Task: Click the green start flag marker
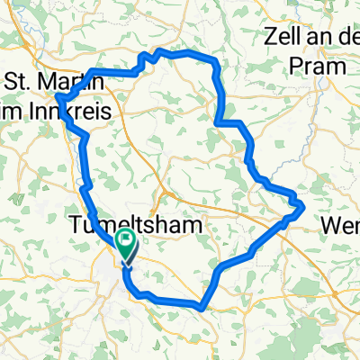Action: (x=124, y=245)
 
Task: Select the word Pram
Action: (x=319, y=66)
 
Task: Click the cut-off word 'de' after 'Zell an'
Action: (x=349, y=39)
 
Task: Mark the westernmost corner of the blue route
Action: (x=57, y=97)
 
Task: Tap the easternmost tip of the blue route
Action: (x=306, y=206)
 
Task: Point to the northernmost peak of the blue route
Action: (x=160, y=50)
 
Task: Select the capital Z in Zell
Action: (x=273, y=38)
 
